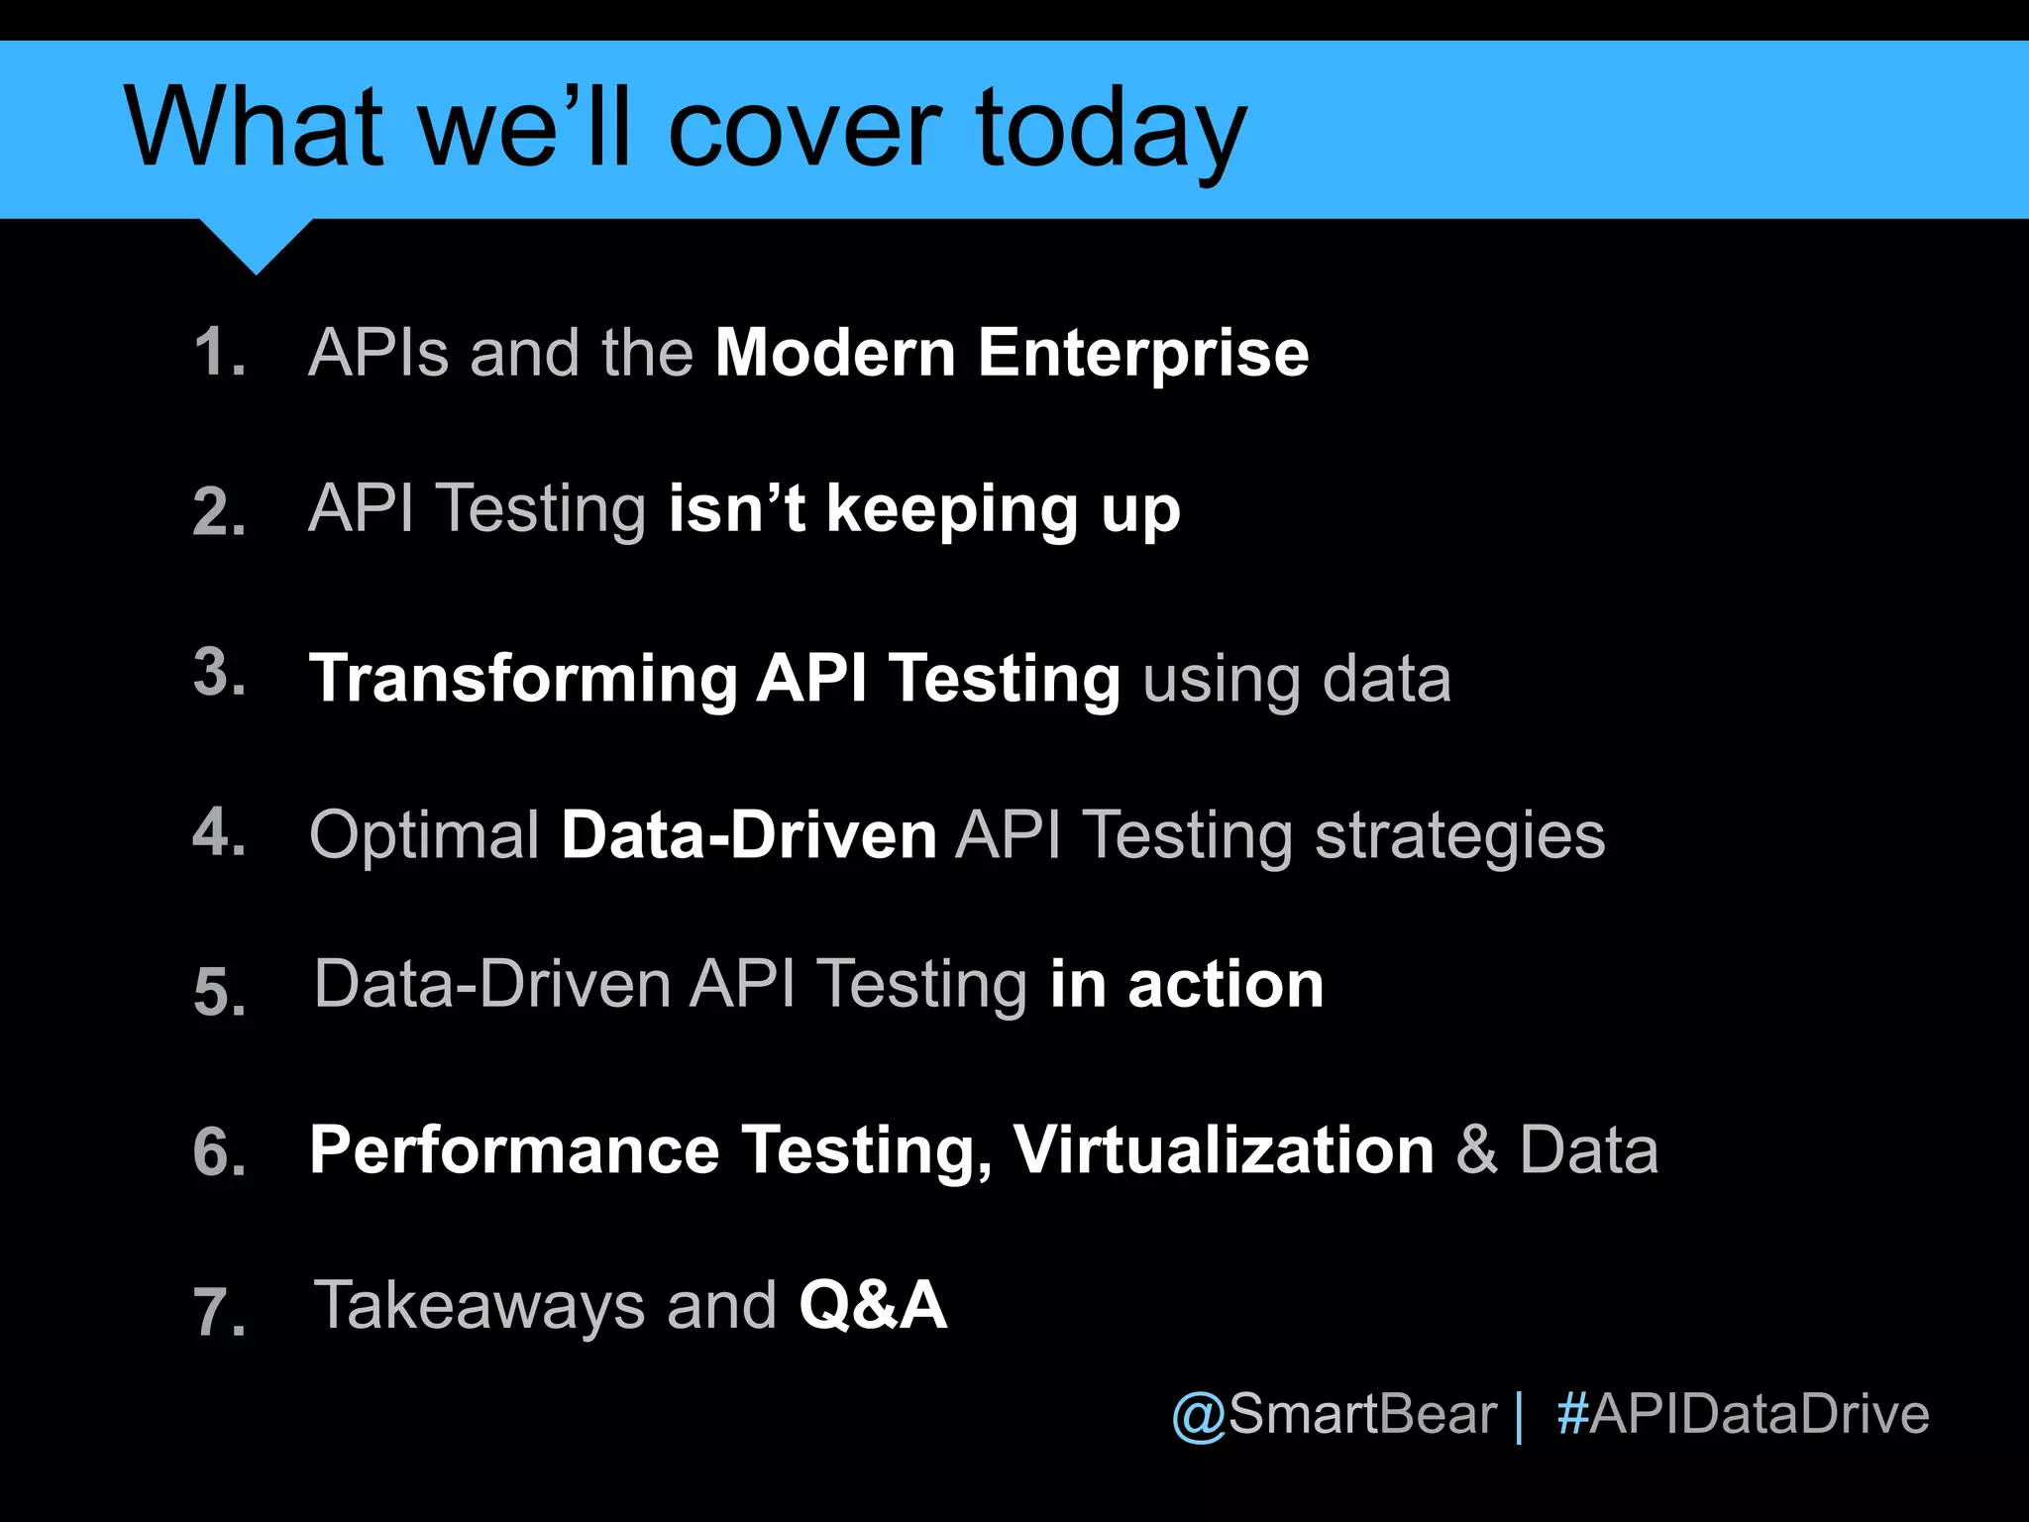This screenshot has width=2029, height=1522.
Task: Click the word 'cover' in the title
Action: (804, 129)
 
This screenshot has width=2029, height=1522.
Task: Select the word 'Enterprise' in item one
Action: (1143, 354)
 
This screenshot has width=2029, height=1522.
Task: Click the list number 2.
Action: (219, 511)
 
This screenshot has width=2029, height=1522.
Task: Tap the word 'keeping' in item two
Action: (952, 511)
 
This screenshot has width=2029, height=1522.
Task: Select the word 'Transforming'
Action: (523, 680)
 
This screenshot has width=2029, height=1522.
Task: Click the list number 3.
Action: (219, 672)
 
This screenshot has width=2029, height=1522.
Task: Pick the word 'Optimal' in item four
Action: (424, 835)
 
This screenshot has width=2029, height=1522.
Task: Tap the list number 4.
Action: (219, 831)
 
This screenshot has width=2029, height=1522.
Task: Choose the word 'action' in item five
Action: (1226, 985)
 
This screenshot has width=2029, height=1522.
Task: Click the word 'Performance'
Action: (514, 1150)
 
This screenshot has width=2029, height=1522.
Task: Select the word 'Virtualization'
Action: (1224, 1150)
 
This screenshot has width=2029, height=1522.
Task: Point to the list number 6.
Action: (219, 1152)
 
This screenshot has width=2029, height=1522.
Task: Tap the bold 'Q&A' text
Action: (873, 1305)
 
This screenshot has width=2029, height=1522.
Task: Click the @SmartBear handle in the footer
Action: (1334, 1414)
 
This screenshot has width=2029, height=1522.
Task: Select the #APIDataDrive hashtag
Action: (1743, 1414)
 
